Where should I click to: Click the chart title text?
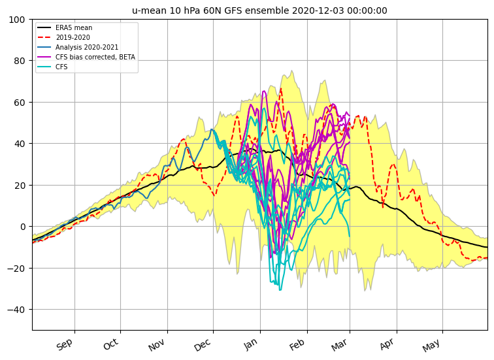(259, 10)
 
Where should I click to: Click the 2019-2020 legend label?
(73, 37)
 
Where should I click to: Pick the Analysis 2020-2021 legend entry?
(87, 47)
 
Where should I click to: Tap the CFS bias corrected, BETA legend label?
(95, 57)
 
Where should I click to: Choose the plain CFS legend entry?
(61, 67)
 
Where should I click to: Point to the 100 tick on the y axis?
(17, 20)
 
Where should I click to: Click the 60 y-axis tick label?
(20, 103)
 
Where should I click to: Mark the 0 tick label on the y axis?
(22, 227)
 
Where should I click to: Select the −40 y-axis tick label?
(16, 310)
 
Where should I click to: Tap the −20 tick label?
(16, 269)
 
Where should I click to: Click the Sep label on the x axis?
(65, 344)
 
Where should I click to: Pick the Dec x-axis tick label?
(203, 345)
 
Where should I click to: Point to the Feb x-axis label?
(297, 344)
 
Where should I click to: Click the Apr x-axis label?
(387, 344)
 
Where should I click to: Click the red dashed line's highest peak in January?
(281, 88)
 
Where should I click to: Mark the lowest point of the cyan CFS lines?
(280, 289)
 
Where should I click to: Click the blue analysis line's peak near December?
(212, 129)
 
